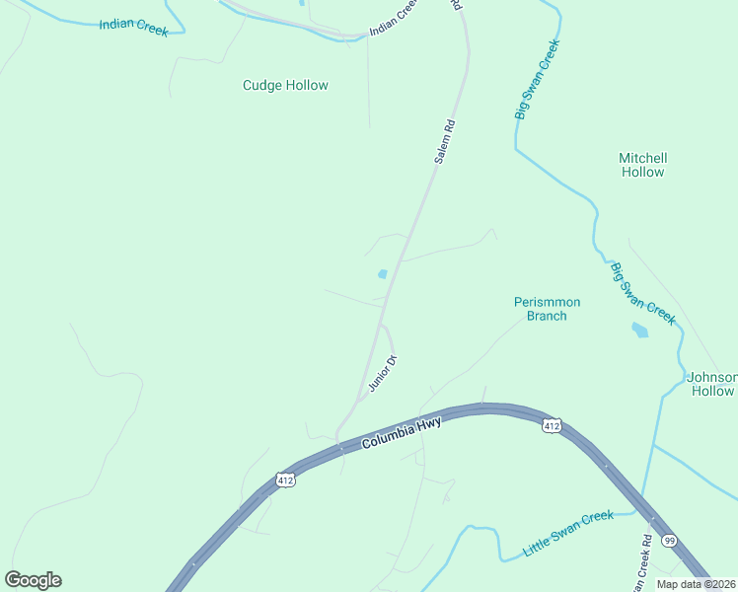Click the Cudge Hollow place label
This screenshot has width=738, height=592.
click(285, 86)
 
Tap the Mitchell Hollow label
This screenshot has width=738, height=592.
click(642, 165)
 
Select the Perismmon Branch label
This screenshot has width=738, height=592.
click(547, 309)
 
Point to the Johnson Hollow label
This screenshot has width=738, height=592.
click(711, 384)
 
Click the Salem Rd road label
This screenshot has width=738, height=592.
click(444, 142)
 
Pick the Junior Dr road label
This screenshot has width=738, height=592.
click(382, 374)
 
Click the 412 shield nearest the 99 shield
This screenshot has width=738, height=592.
click(552, 425)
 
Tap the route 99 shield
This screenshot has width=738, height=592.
click(669, 540)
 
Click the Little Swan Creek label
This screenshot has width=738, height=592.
click(568, 534)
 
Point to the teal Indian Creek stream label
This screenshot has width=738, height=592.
click(133, 25)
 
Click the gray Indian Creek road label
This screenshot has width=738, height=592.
click(394, 19)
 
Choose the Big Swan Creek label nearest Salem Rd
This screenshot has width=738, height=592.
click(537, 81)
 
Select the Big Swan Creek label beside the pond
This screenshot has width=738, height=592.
click(641, 293)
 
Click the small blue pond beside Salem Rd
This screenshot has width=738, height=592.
click(382, 274)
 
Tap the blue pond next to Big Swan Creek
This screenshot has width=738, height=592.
click(640, 331)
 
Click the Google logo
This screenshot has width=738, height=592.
click(33, 580)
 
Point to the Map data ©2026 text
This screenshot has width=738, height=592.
click(696, 584)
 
